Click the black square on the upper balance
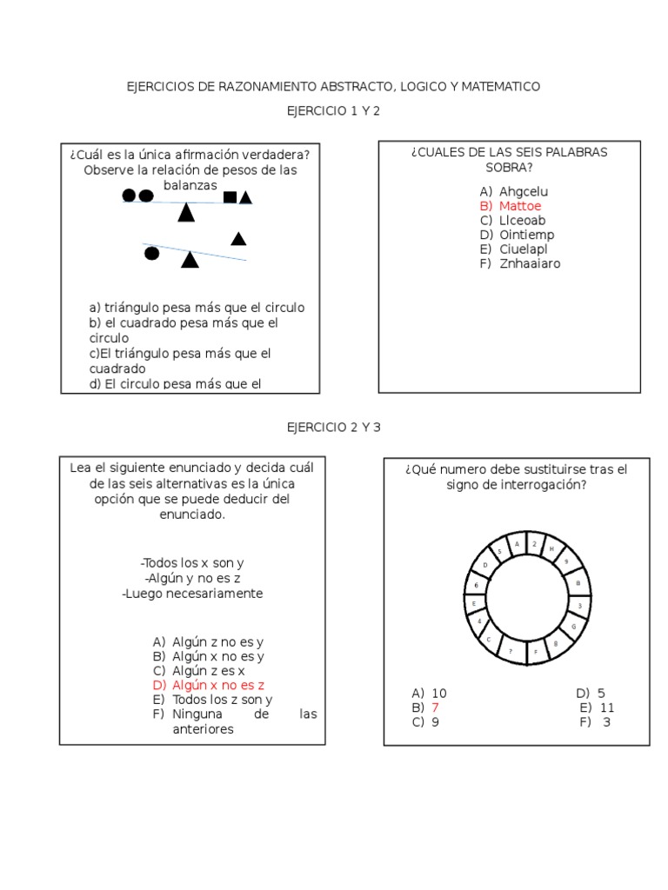[230, 196]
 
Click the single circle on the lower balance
[151, 253]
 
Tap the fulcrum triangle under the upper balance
[185, 213]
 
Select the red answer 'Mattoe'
[520, 206]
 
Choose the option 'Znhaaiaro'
[530, 263]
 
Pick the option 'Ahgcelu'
[524, 191]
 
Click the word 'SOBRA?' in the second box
[509, 168]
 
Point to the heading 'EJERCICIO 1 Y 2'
[334, 111]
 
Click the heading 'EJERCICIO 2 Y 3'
[334, 428]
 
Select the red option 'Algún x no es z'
[218, 685]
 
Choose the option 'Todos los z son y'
[223, 699]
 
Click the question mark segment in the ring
[511, 650]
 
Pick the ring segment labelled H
[551, 549]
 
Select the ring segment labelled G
[573, 625]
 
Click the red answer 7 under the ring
[435, 707]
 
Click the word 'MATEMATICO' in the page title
[500, 87]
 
